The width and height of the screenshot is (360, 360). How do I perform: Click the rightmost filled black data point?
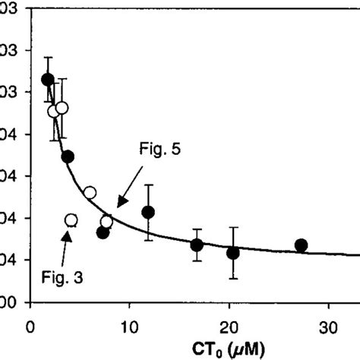[x=301, y=245]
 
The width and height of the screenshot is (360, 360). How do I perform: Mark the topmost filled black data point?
[x=47, y=79]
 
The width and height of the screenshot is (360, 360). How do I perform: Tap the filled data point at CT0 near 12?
[x=149, y=212]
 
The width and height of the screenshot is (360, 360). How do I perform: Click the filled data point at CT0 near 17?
[x=197, y=245]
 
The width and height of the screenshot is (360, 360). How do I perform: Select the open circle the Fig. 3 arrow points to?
[x=71, y=220]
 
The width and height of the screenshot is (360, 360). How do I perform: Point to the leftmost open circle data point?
[x=54, y=111]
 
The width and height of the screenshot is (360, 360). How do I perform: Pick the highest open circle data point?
[x=62, y=107]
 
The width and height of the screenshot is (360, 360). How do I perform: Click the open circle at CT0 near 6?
[x=90, y=192]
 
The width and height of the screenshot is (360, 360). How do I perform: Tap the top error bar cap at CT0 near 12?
[x=149, y=185]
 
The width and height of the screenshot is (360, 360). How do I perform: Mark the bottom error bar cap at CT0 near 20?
[x=233, y=278]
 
